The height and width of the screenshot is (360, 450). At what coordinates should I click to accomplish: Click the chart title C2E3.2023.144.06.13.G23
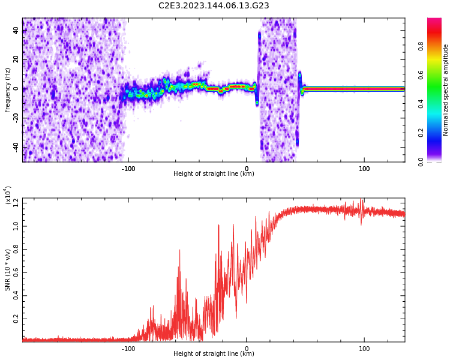214,6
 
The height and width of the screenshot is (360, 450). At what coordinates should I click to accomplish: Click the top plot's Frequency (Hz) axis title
8,90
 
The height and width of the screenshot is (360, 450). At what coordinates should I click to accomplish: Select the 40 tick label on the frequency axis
16,31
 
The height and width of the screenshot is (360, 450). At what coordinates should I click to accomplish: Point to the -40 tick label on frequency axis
15,148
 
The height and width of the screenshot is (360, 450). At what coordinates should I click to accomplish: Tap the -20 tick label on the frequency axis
15,118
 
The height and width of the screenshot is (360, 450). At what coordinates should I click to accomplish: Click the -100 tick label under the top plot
128,169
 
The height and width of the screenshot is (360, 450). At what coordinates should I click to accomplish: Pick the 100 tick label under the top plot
364,169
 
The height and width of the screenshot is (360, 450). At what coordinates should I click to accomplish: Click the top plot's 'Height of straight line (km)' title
214,174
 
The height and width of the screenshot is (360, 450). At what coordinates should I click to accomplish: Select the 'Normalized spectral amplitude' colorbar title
446,90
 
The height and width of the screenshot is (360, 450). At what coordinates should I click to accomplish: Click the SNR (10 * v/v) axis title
8,270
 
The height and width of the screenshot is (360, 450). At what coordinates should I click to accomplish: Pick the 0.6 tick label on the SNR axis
14,272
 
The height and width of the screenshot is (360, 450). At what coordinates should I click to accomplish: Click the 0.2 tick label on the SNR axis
14,318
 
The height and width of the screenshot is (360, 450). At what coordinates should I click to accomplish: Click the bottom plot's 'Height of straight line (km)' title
214,354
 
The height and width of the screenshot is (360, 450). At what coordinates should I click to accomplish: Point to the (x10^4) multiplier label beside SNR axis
8,195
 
